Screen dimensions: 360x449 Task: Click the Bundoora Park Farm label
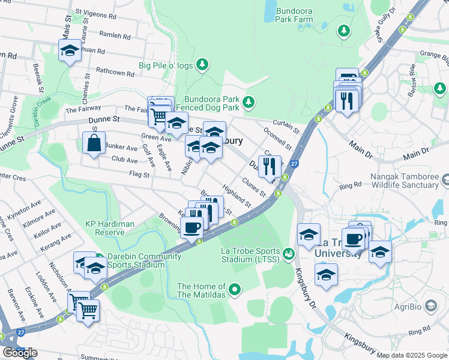pos(295,15)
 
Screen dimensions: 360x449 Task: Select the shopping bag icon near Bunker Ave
pos(94,144)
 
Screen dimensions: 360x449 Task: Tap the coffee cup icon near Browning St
pos(191,228)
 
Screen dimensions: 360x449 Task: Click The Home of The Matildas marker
pos(235,291)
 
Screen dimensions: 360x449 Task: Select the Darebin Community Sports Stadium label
pos(144,261)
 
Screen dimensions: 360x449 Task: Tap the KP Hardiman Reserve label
pos(109,228)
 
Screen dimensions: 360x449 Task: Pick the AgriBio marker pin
pos(430,305)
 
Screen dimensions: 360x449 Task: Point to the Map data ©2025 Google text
pos(412,355)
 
